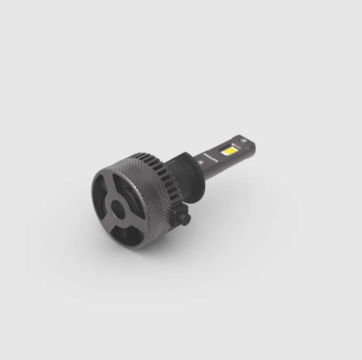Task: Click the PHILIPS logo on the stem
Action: pyautogui.click(x=210, y=157)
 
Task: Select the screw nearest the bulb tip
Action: pyautogui.click(x=243, y=140)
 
